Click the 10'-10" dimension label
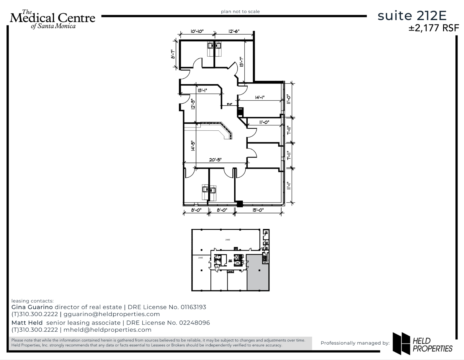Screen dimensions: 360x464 coord(197,31)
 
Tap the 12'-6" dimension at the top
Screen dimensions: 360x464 coord(234,31)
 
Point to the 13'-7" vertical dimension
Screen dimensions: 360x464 coord(241,61)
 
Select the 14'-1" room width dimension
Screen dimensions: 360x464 coord(259,97)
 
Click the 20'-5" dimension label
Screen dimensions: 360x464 coord(215,160)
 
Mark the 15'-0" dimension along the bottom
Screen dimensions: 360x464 coord(258,210)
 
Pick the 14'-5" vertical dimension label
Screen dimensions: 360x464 coord(193,145)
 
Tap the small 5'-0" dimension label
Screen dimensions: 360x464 coord(229,104)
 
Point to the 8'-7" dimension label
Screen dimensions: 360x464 coord(173,54)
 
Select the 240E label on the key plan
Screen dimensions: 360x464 coord(228,240)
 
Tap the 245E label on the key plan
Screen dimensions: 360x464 coord(200,258)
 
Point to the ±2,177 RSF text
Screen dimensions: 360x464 coord(434,28)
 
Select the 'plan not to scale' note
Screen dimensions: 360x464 coord(240,12)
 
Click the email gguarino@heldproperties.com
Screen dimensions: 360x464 coord(112,314)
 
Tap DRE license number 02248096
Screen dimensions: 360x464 coord(195,323)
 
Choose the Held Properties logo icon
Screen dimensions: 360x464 coord(401,343)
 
